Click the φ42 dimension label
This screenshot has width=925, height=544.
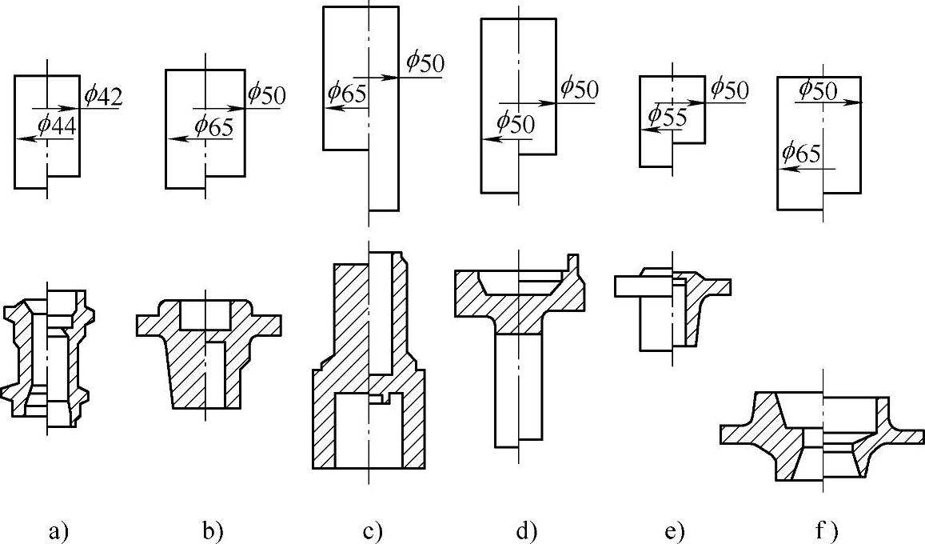[x=102, y=97]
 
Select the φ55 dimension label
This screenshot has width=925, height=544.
[x=668, y=116]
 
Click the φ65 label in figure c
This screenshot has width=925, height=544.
[x=346, y=94]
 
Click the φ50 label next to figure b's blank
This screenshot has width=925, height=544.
[x=265, y=93]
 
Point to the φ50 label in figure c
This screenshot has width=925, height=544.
[x=425, y=62]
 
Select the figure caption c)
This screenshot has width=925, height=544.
[x=373, y=530]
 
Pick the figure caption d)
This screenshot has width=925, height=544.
[x=524, y=530]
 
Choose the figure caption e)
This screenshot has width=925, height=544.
[x=676, y=530]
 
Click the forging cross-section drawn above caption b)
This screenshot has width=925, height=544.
[x=208, y=352]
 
